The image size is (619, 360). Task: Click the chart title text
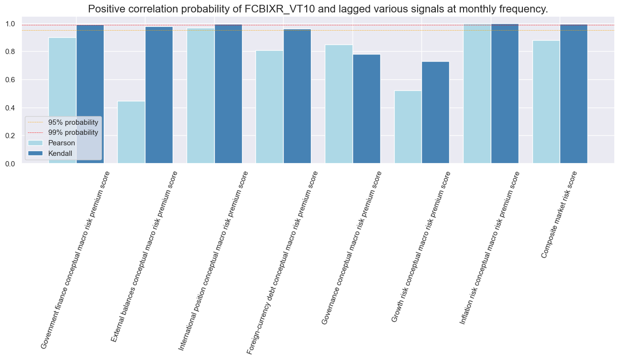pyautogui.click(x=318, y=9)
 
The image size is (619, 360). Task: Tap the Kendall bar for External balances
pyautogui.click(x=159, y=95)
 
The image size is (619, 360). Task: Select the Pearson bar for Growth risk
pyautogui.click(x=408, y=127)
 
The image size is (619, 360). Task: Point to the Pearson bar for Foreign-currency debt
pyautogui.click(x=269, y=107)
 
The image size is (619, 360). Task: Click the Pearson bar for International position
pyautogui.click(x=200, y=96)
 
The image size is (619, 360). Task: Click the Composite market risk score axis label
pyautogui.click(x=559, y=215)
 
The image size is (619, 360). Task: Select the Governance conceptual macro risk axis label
pyautogui.click(x=352, y=248)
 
